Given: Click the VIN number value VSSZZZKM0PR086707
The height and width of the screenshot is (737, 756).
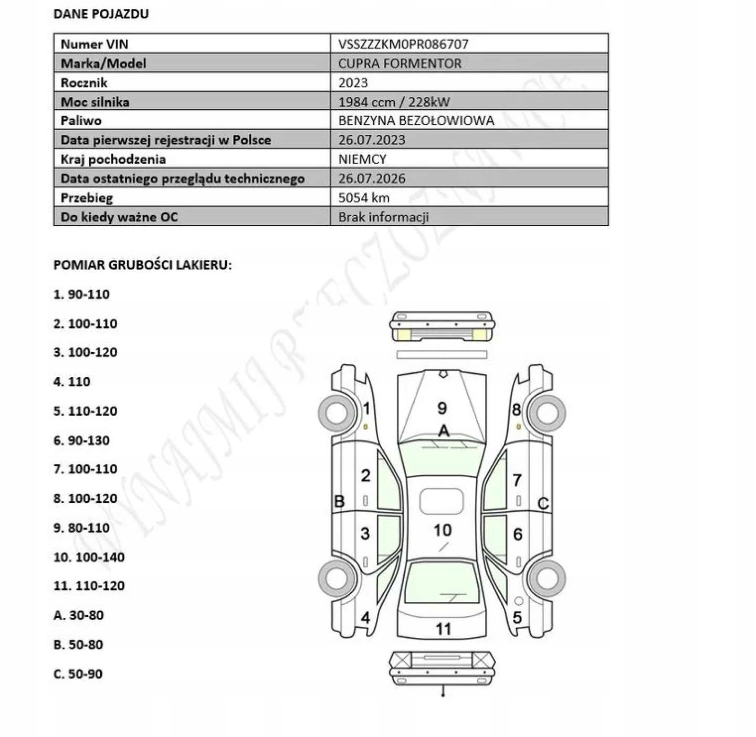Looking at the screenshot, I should [403, 44].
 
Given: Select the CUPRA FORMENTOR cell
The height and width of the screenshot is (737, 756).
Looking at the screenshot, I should [400, 64].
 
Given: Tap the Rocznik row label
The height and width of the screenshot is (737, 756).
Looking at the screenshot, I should [84, 83].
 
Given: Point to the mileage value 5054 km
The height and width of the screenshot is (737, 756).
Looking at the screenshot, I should [364, 198].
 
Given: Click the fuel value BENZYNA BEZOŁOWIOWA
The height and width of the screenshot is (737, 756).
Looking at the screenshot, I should [416, 121].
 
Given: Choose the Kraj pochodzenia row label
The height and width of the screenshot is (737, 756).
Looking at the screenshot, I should [113, 159].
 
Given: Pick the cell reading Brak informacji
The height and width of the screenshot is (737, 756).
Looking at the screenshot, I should [383, 217].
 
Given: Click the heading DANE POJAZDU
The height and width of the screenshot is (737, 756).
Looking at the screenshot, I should [101, 14].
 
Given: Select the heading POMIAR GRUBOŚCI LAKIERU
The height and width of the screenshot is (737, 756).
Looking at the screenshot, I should [142, 265].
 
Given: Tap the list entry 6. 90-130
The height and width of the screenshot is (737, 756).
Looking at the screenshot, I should [81, 440].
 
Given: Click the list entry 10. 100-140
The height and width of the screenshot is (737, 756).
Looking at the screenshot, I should [89, 557].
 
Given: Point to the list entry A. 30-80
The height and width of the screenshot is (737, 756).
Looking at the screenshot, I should [78, 615].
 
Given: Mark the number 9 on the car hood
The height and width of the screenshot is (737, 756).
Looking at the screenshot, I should [442, 408].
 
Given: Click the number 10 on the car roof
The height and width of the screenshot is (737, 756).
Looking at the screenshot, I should [442, 530].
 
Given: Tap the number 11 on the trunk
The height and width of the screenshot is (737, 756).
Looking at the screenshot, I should [443, 628].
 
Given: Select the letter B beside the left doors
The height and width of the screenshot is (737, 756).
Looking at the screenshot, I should [339, 501].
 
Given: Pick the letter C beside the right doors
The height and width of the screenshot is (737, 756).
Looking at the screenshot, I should [543, 504].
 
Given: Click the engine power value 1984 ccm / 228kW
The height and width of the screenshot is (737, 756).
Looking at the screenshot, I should [394, 102].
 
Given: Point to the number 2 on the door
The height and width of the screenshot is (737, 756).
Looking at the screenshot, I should [365, 476].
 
